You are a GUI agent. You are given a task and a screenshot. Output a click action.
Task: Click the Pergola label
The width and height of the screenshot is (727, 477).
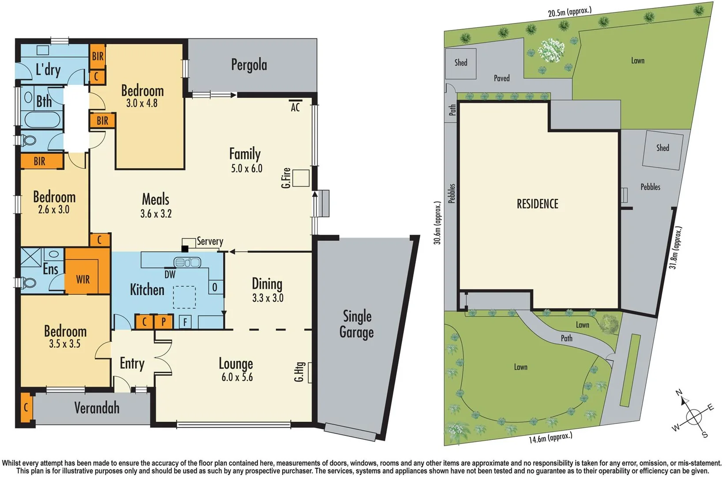249,65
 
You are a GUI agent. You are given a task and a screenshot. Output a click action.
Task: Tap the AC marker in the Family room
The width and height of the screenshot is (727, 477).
295,106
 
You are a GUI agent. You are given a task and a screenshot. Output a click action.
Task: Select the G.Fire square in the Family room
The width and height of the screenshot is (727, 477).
301,178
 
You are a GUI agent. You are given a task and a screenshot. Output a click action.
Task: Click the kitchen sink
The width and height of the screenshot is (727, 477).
188,262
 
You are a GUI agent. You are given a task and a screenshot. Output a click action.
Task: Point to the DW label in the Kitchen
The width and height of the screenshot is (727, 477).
170,275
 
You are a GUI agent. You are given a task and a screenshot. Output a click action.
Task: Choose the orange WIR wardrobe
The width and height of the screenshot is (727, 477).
83,279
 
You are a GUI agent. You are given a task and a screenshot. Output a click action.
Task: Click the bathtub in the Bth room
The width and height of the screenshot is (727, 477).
42,120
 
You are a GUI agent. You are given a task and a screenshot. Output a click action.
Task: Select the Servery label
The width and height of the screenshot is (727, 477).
210,241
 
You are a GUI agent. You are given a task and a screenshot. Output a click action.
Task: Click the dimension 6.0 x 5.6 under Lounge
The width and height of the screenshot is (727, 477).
237,377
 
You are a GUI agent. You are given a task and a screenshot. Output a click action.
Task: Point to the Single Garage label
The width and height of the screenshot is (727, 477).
357,324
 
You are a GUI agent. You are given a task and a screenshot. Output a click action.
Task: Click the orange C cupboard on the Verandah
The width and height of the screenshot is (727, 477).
26,407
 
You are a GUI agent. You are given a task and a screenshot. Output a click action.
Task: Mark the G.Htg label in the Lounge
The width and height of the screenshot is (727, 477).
299,372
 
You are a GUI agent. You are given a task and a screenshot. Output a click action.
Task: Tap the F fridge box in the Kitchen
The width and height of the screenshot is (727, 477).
185,322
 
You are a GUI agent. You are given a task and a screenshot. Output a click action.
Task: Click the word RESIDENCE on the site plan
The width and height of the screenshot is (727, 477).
537,204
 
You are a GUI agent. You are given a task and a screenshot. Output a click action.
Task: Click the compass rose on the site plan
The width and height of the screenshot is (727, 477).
693,416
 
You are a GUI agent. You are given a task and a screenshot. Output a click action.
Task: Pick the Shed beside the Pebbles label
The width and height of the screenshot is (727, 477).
663,148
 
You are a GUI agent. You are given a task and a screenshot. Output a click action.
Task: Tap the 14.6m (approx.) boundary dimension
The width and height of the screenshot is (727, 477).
550,438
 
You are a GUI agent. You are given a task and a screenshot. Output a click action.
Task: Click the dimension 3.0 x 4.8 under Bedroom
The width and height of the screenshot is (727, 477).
142,103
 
